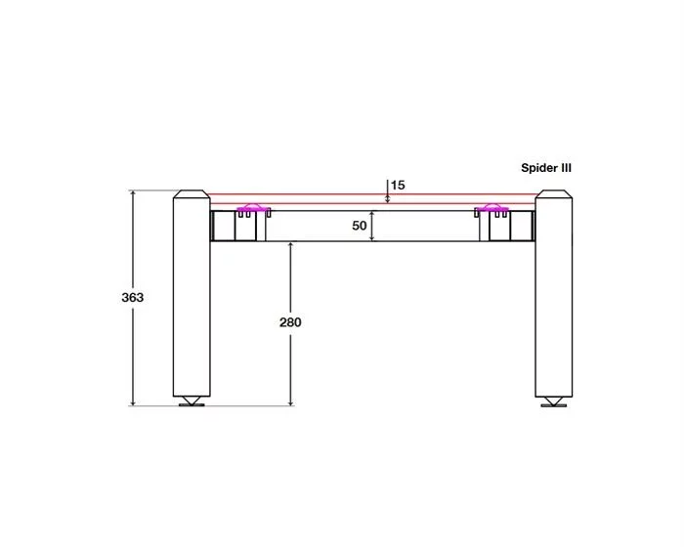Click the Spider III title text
(x=545, y=168)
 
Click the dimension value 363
(x=132, y=298)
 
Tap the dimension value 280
(x=290, y=322)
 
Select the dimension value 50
(x=359, y=226)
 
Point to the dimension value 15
(x=398, y=186)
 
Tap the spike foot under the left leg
(x=192, y=401)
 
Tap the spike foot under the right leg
(x=554, y=401)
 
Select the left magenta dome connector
(x=252, y=207)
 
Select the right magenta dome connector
(x=492, y=207)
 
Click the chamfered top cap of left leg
(x=192, y=194)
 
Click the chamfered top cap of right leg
(x=554, y=194)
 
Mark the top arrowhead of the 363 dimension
(x=133, y=192)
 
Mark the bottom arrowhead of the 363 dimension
(x=133, y=403)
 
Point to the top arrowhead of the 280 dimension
(x=290, y=244)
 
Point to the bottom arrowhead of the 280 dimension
(x=290, y=403)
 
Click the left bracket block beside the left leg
(x=238, y=226)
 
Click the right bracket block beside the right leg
(x=507, y=226)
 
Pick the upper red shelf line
(x=373, y=194)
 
